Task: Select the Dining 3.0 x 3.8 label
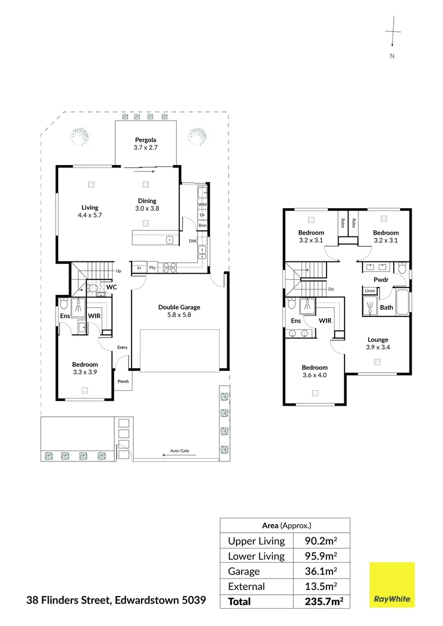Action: pos(147,205)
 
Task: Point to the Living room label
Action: pos(90,211)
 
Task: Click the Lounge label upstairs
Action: pos(377,343)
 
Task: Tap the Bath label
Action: pos(386,308)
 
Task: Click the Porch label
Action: pos(123,381)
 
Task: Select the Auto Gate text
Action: pos(179,451)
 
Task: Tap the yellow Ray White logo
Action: pos(392,585)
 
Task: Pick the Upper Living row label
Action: pos(256,541)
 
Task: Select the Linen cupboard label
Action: pos(369,291)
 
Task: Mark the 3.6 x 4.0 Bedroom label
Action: pos(314,371)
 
